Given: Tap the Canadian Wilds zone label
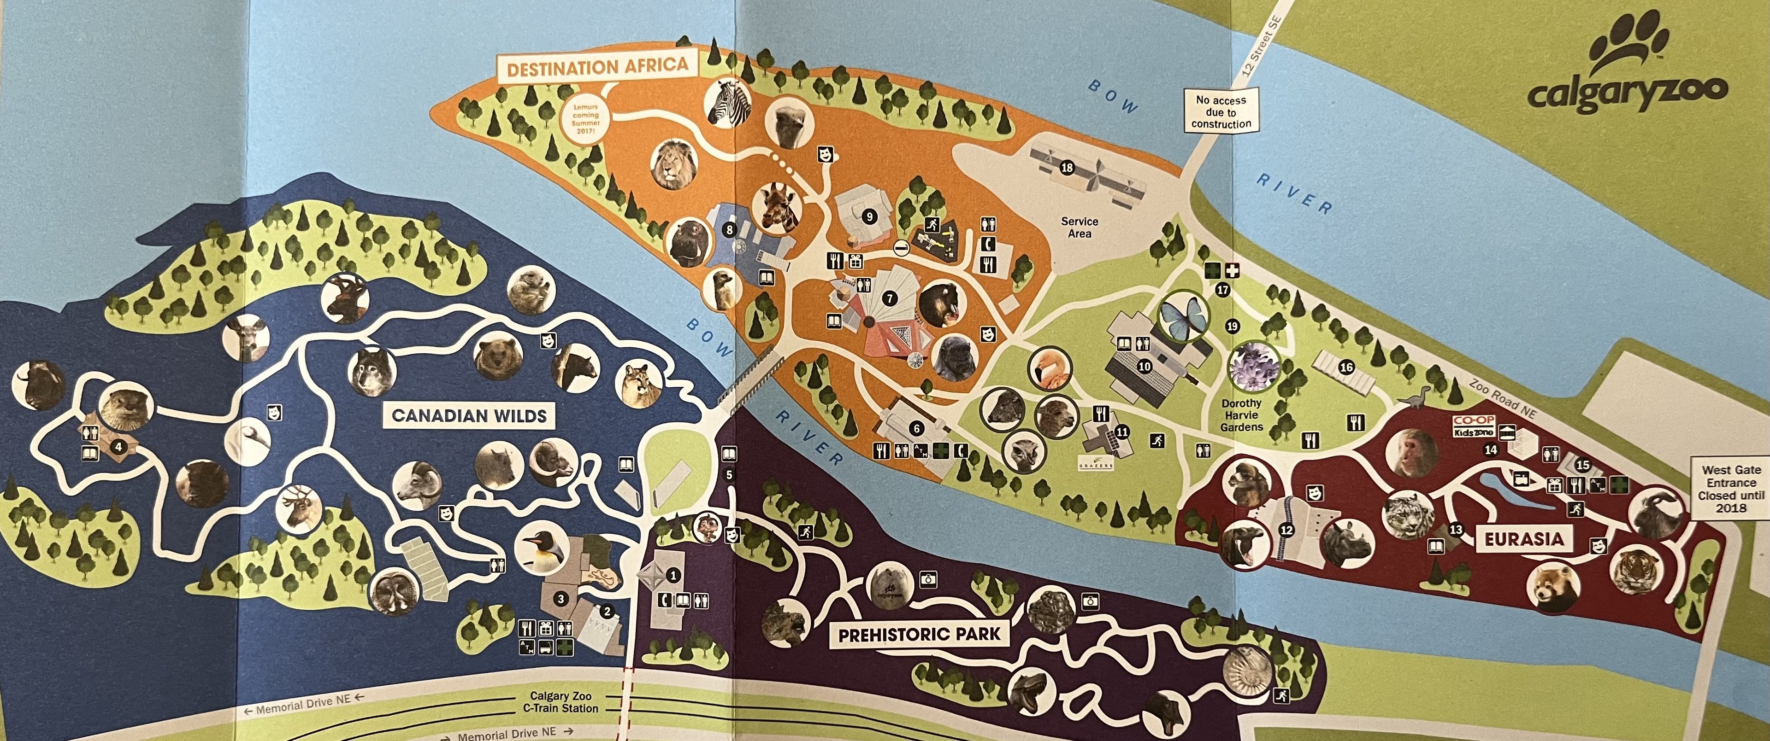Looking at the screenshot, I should pyautogui.click(x=469, y=415).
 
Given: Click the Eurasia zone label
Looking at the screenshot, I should pyautogui.click(x=1523, y=539).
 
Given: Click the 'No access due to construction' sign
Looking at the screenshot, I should pyautogui.click(x=1221, y=112).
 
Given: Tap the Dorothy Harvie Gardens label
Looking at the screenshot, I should pyautogui.click(x=1242, y=415).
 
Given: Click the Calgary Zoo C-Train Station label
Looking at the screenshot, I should pyautogui.click(x=563, y=702).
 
